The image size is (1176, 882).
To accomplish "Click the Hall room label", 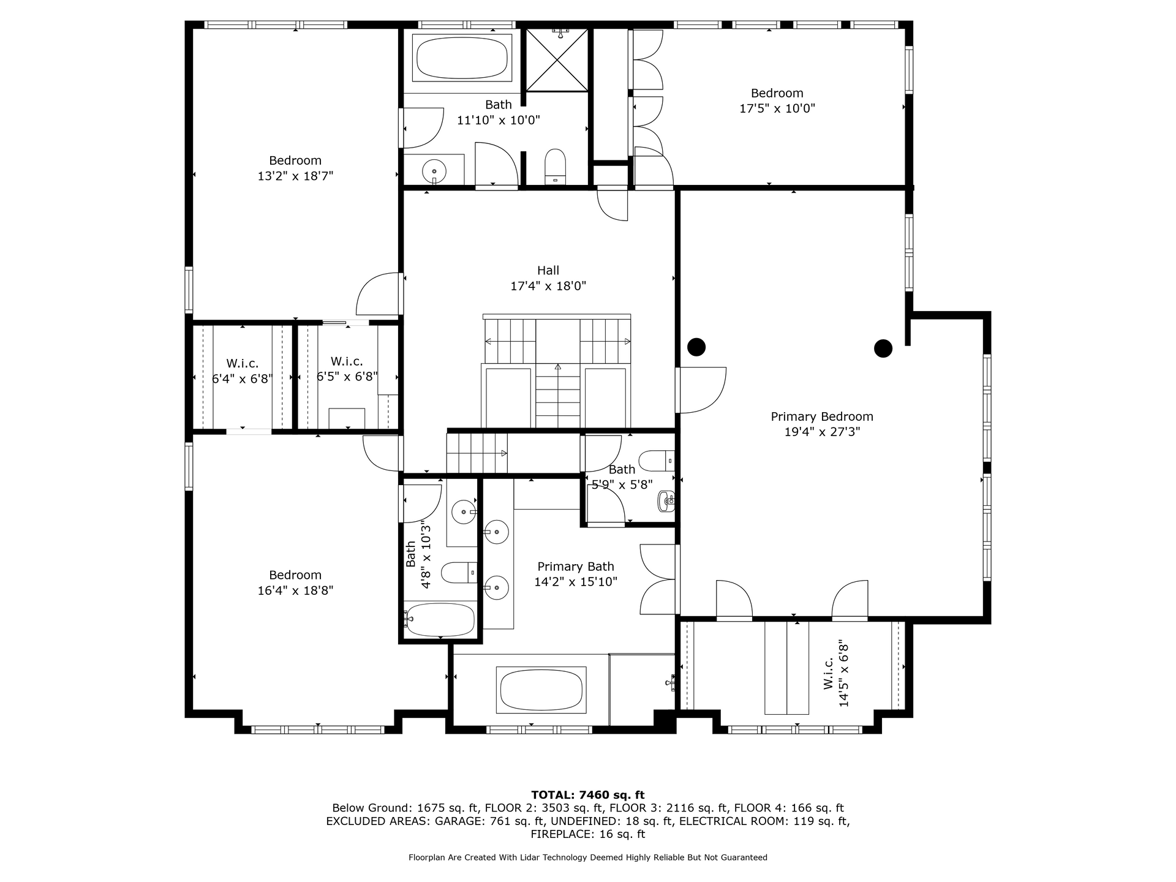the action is (548, 270).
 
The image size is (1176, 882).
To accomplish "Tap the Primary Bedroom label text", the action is (822, 417).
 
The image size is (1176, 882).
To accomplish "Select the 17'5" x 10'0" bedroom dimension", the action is (777, 108).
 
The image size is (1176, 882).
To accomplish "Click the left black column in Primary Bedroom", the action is (696, 347).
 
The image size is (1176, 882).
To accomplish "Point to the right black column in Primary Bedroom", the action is (883, 349).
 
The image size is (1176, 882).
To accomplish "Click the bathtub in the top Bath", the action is (462, 58).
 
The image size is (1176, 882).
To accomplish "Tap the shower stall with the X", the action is (557, 59).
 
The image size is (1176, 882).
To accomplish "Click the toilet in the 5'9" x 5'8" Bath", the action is (656, 461).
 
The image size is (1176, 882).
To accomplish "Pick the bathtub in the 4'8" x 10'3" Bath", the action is (440, 620).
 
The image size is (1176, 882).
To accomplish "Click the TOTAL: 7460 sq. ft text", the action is (588, 795).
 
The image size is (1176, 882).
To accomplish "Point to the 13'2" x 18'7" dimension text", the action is (295, 176).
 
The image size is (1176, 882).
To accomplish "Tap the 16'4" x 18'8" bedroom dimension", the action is (295, 591).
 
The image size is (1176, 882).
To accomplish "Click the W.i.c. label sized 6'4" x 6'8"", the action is (243, 371).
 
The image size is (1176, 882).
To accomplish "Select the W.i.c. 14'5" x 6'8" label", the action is (837, 674).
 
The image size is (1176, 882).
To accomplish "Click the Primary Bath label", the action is (576, 567).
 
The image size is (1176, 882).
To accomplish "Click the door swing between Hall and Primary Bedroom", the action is (702, 390).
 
